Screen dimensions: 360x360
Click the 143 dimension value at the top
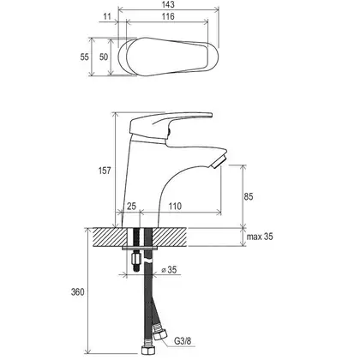point(169,4)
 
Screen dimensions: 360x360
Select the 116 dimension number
point(168,16)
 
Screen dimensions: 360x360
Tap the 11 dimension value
point(107,16)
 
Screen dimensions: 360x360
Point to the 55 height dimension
point(84,57)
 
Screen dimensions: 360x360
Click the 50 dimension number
point(104,57)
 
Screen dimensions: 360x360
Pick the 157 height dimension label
point(105,171)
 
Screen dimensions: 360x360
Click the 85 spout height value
point(249,196)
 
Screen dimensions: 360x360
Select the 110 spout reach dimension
point(175,206)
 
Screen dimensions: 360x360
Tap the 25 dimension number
point(131,206)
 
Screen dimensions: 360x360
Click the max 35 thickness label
point(260,237)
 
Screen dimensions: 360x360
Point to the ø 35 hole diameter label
point(169,269)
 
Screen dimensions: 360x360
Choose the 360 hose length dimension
point(78,292)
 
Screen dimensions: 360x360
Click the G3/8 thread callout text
point(183,340)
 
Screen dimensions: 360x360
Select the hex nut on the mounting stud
point(136,260)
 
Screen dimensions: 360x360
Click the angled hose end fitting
point(159,331)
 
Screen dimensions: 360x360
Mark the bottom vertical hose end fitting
point(148,347)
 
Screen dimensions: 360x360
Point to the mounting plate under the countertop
point(140,248)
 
